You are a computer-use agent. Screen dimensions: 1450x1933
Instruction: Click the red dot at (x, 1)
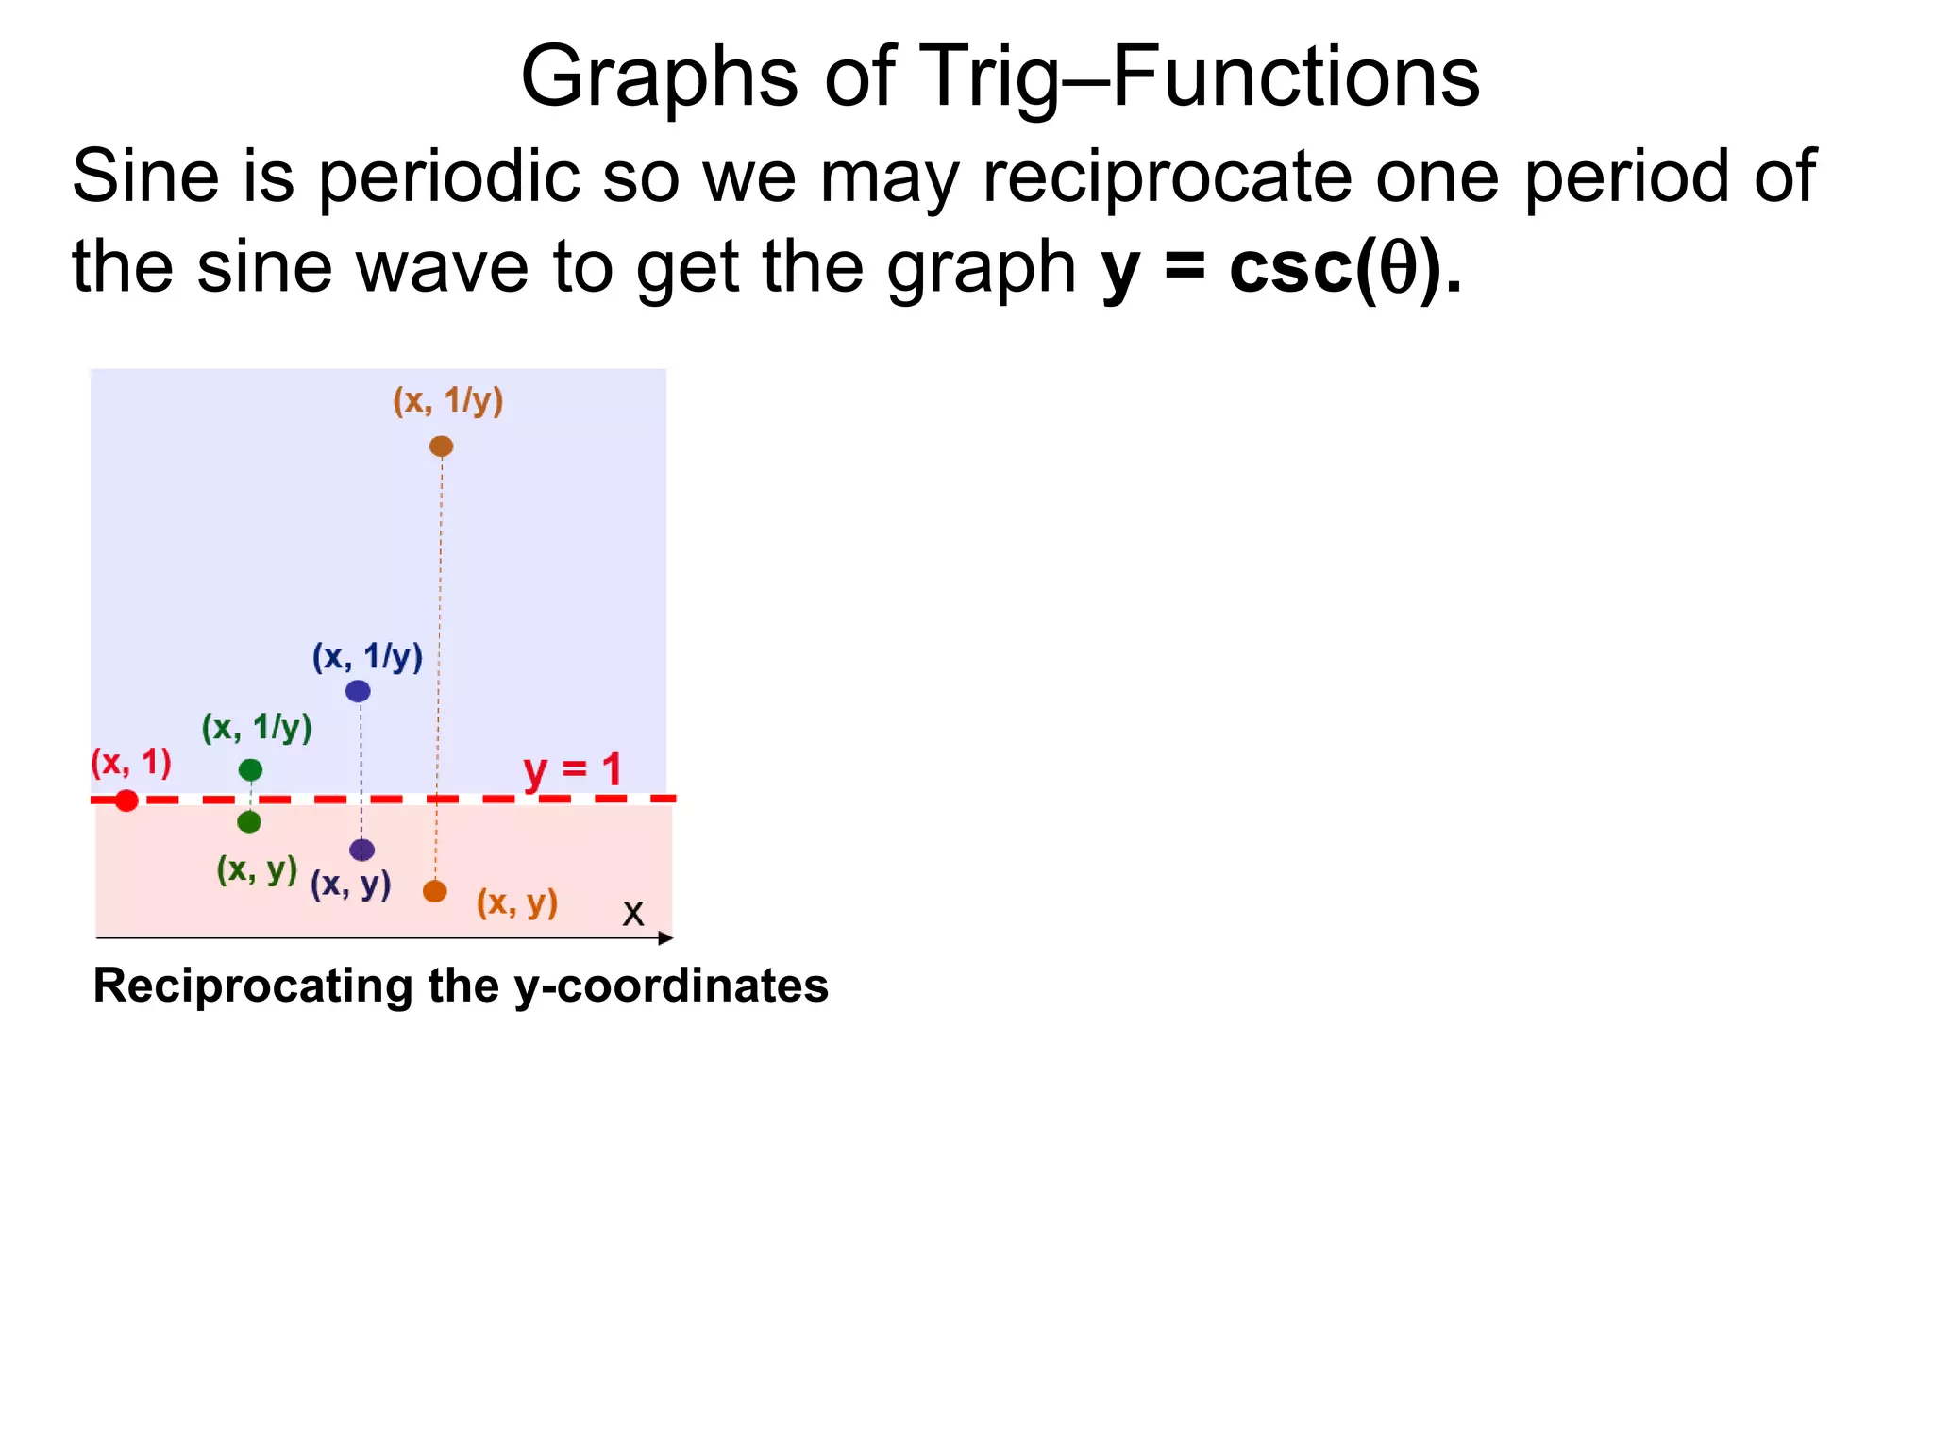click(126, 801)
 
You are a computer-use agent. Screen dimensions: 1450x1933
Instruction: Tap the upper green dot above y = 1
click(250, 769)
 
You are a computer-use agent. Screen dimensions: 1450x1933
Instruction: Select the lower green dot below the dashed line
click(249, 822)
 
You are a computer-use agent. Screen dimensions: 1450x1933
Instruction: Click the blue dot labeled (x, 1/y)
click(358, 691)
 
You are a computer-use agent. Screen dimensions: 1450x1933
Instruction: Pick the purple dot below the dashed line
click(361, 850)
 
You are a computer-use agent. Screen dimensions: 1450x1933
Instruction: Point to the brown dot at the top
click(441, 446)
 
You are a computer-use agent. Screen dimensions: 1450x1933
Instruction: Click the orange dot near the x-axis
click(434, 891)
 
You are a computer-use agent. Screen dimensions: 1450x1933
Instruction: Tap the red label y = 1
click(572, 768)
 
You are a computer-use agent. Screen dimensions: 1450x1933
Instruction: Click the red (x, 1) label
click(130, 762)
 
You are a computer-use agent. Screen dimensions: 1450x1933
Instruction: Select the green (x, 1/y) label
click(257, 728)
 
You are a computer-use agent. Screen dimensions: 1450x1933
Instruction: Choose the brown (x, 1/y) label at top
click(447, 401)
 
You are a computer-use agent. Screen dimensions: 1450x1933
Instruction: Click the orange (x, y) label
click(516, 903)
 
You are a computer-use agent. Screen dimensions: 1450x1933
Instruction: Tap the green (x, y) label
click(257, 868)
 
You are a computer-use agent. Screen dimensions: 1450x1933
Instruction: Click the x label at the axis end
click(632, 914)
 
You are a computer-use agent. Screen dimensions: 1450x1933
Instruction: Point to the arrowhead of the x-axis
click(666, 937)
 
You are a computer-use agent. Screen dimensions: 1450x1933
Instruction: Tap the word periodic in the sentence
click(448, 177)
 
